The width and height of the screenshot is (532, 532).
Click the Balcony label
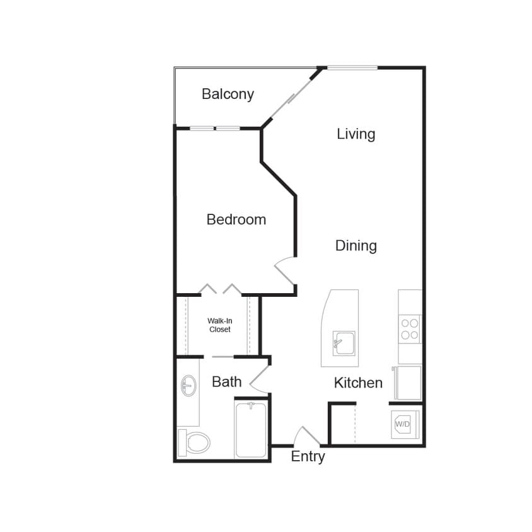pos(228,95)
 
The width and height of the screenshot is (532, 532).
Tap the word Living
pos(356,134)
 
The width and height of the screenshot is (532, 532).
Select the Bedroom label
pos(236,219)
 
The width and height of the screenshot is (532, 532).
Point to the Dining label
pos(356,246)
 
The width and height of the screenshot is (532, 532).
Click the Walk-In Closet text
pos(219,325)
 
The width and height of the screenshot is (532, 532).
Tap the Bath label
pos(226,381)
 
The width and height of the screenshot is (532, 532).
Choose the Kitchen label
pos(358,383)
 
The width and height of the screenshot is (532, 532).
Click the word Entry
pos(308,456)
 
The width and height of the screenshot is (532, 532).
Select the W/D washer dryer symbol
pos(402,424)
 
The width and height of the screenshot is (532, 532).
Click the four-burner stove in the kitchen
pos(410,328)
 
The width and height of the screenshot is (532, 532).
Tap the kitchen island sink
pos(344,344)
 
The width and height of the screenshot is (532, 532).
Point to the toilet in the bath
pos(195,442)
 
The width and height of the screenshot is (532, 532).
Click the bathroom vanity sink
pos(188,386)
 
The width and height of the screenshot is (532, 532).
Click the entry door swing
pos(307,436)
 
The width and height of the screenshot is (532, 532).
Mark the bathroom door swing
pos(260,379)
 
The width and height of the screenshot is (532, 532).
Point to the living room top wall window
pos(352,67)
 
